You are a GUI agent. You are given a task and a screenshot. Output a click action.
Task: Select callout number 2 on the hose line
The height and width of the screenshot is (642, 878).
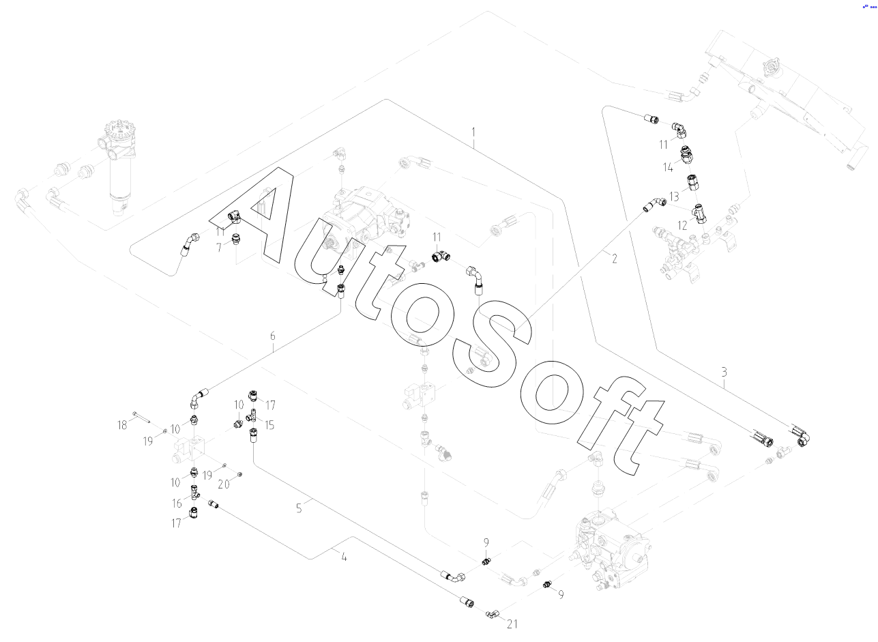(x=614, y=259)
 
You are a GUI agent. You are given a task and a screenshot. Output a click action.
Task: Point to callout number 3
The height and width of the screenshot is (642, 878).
(x=724, y=373)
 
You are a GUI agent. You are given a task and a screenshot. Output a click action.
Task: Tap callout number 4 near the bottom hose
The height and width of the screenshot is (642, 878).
(x=344, y=557)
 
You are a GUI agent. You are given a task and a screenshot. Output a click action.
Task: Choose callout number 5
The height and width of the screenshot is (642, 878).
(x=299, y=508)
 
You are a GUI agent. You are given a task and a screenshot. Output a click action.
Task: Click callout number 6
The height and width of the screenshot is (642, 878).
(x=273, y=336)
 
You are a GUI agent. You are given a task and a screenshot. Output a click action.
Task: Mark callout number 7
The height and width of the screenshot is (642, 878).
(x=219, y=248)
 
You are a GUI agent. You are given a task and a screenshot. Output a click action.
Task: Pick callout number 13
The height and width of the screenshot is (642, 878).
(x=674, y=196)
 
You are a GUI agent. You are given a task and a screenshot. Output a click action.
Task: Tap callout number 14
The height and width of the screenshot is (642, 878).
(x=669, y=166)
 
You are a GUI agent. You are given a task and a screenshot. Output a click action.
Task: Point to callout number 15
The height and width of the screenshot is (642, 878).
(x=269, y=425)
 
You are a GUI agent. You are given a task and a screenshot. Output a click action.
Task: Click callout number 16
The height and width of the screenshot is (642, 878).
(x=176, y=503)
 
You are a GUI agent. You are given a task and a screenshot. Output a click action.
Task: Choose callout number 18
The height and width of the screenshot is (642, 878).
(x=122, y=425)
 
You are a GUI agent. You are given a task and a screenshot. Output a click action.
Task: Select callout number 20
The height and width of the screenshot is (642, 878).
(x=223, y=484)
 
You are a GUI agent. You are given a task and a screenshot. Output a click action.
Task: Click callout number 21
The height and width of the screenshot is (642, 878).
(x=512, y=623)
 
